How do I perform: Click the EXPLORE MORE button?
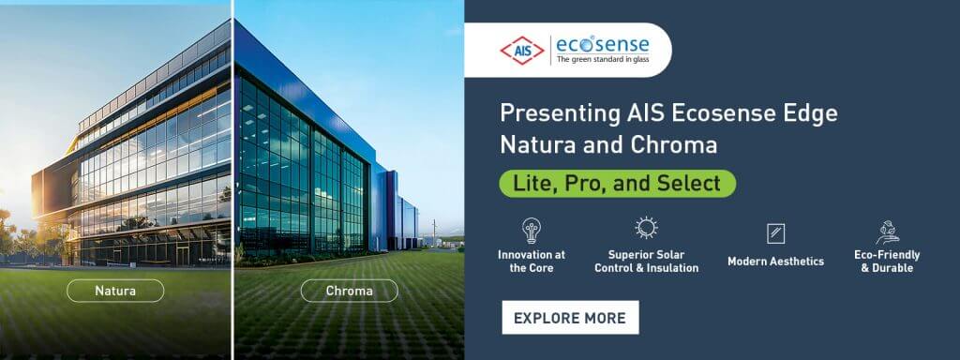[x=570, y=317]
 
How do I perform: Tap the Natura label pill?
[x=115, y=291]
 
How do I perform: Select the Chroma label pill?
[x=349, y=291]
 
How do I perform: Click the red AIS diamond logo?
[x=521, y=51]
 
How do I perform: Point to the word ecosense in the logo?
[x=603, y=45]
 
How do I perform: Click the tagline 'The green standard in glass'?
[x=603, y=59]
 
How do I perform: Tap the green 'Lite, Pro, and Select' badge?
[x=617, y=183]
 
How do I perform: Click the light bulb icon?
[x=532, y=231]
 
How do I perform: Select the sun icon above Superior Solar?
[x=646, y=228]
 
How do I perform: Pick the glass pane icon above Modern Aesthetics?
[x=775, y=233]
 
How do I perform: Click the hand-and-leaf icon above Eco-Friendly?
[x=887, y=232]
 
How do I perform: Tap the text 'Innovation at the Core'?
[x=532, y=262]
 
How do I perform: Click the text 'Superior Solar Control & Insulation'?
[x=647, y=262]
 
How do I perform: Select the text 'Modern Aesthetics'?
[x=775, y=262]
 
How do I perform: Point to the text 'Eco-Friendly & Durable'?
[x=887, y=262]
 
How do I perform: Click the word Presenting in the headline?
[x=551, y=113]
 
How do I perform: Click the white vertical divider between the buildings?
[x=232, y=180]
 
